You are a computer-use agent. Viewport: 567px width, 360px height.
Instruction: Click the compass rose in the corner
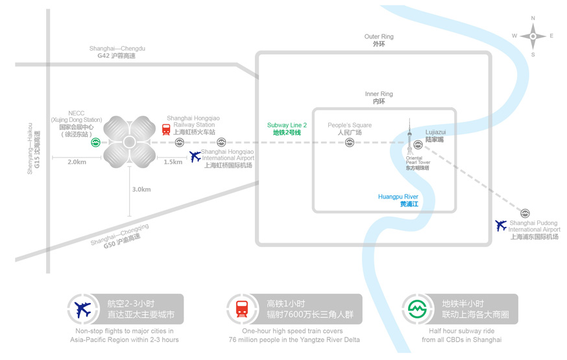tap(533, 36)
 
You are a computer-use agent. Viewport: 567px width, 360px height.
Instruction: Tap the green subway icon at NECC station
tap(95, 142)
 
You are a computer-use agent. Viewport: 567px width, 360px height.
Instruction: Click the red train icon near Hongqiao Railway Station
tap(167, 129)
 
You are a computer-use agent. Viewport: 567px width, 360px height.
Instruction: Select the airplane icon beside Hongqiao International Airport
tap(195, 156)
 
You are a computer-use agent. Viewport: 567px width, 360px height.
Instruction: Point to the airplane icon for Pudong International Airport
tap(501, 225)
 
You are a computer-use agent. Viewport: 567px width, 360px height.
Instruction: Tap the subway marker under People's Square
tap(349, 142)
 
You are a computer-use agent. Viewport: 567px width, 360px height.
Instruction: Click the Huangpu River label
tap(398, 200)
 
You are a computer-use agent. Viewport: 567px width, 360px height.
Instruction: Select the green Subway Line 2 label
tap(287, 128)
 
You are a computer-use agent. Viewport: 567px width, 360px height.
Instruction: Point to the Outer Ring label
tap(379, 40)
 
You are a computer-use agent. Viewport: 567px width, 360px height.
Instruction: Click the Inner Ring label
tap(379, 98)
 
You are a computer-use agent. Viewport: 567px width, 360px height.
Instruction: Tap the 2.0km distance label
tap(77, 162)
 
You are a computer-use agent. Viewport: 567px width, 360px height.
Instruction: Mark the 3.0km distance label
tap(141, 189)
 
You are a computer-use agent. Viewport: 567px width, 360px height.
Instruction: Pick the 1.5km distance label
tap(173, 162)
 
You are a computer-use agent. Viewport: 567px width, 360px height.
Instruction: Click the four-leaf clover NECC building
tap(129, 142)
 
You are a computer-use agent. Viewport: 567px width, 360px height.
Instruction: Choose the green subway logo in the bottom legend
tap(415, 309)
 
